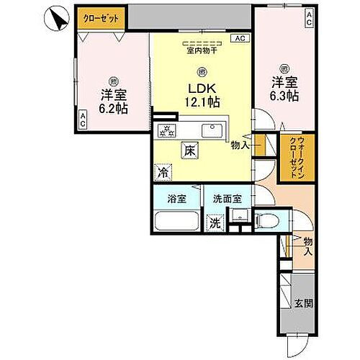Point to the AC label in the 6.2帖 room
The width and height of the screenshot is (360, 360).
click(83, 123)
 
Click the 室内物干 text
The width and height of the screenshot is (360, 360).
click(202, 51)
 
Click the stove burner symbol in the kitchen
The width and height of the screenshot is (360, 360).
click(168, 130)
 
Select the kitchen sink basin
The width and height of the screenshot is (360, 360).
click(214, 130)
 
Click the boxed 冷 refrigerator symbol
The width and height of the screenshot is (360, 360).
click(165, 173)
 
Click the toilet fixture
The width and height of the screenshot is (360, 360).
click(269, 221)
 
